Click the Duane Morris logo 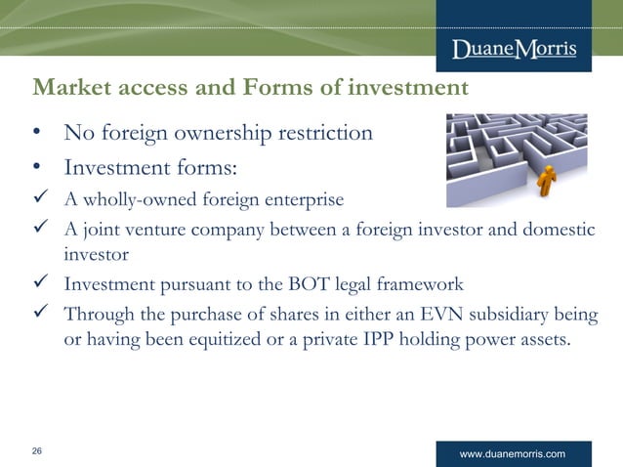(514, 50)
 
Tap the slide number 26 (37, 450)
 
